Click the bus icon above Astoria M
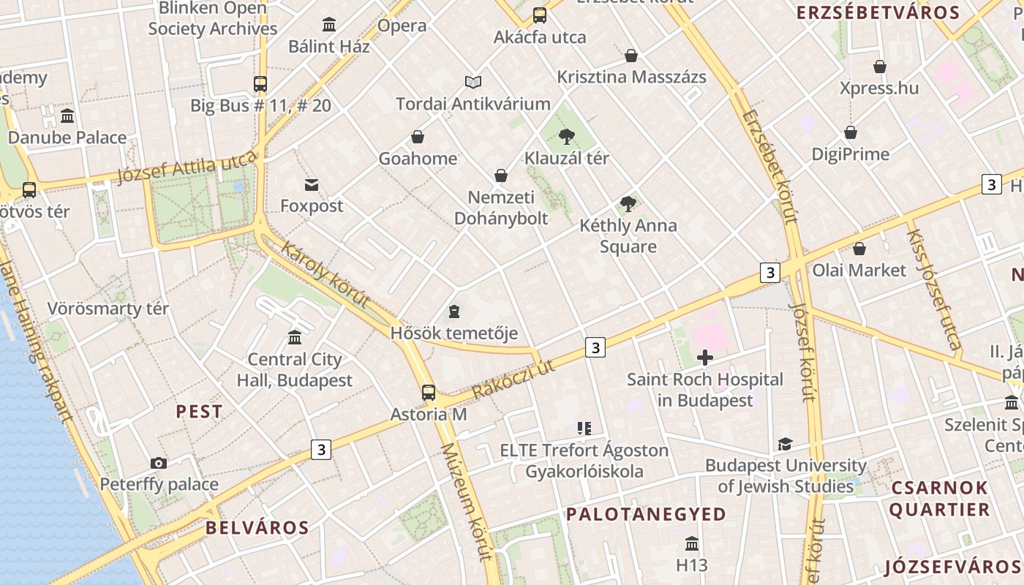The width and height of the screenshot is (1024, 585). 429,393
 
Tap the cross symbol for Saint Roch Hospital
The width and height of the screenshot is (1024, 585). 705,358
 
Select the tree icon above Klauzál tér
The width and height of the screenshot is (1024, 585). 566,136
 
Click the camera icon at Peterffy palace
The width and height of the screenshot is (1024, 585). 159,463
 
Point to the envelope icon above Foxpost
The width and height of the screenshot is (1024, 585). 312,185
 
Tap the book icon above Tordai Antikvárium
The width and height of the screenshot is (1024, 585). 473,83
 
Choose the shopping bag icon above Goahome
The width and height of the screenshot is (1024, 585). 418,137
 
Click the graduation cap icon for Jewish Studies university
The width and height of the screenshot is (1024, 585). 786,444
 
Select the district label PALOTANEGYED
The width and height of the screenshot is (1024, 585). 646,514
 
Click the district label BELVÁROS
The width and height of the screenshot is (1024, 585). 257,527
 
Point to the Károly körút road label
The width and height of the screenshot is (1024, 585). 323,275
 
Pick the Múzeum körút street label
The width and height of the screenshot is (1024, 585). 465,501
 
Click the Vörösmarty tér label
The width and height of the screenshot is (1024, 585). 108,308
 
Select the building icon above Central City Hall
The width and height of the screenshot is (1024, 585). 295,337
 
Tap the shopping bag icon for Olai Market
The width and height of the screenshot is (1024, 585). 859,249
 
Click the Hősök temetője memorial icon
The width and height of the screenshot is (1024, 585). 454,312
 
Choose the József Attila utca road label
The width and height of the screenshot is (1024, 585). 187,167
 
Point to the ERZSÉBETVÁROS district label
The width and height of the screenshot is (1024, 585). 878,12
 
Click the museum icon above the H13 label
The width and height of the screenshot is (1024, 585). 692,544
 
